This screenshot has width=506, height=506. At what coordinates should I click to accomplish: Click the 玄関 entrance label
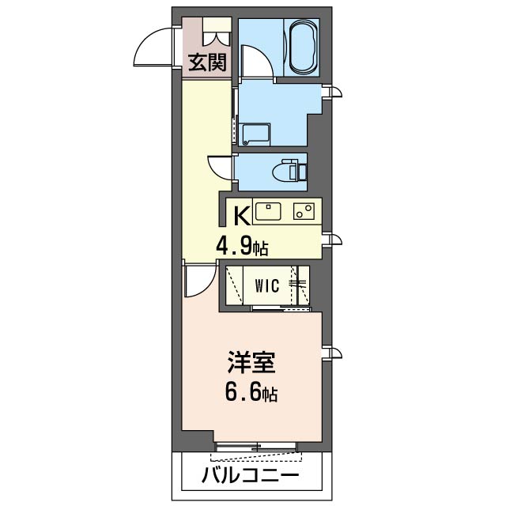click(206, 62)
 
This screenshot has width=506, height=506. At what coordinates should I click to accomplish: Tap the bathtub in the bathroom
click(303, 47)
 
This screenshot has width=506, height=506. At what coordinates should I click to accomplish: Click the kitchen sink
click(267, 211)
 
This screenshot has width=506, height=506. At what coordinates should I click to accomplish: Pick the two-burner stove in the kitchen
click(304, 211)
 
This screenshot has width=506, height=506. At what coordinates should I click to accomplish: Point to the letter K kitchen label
click(240, 214)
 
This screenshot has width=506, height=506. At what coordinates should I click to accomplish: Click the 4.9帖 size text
click(243, 246)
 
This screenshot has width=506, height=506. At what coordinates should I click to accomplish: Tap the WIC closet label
click(266, 287)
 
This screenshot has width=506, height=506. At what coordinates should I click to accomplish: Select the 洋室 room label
click(251, 364)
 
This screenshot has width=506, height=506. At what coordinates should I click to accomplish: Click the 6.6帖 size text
click(251, 393)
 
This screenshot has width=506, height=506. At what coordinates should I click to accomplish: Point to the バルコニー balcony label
click(250, 477)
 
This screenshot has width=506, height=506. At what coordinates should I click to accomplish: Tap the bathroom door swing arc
click(256, 62)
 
